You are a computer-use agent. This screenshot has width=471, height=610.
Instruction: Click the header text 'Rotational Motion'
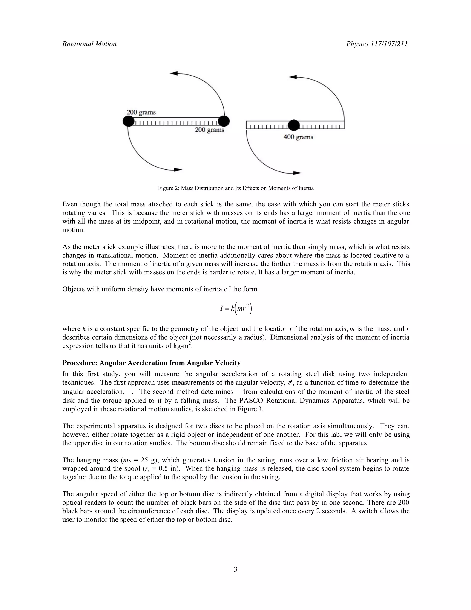point(89,44)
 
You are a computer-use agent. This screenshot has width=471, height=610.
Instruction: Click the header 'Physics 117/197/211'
point(377,44)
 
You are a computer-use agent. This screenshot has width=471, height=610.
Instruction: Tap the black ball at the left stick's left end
point(128,122)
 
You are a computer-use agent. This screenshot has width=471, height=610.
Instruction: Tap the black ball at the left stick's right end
point(224,121)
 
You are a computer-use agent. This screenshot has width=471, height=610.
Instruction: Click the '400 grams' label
point(298,137)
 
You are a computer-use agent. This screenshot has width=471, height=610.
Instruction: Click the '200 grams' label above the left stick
point(141,112)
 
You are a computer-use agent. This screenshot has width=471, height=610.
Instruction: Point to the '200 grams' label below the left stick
point(210,130)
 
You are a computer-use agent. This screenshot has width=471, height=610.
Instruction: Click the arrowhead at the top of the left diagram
point(174,73)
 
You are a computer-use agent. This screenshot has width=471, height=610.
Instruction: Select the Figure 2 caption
point(236,188)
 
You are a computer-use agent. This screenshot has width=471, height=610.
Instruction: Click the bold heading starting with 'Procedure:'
point(151,363)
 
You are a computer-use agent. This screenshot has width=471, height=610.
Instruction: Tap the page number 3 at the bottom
point(235,569)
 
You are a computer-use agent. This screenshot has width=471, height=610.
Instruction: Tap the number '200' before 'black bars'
point(403,503)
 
